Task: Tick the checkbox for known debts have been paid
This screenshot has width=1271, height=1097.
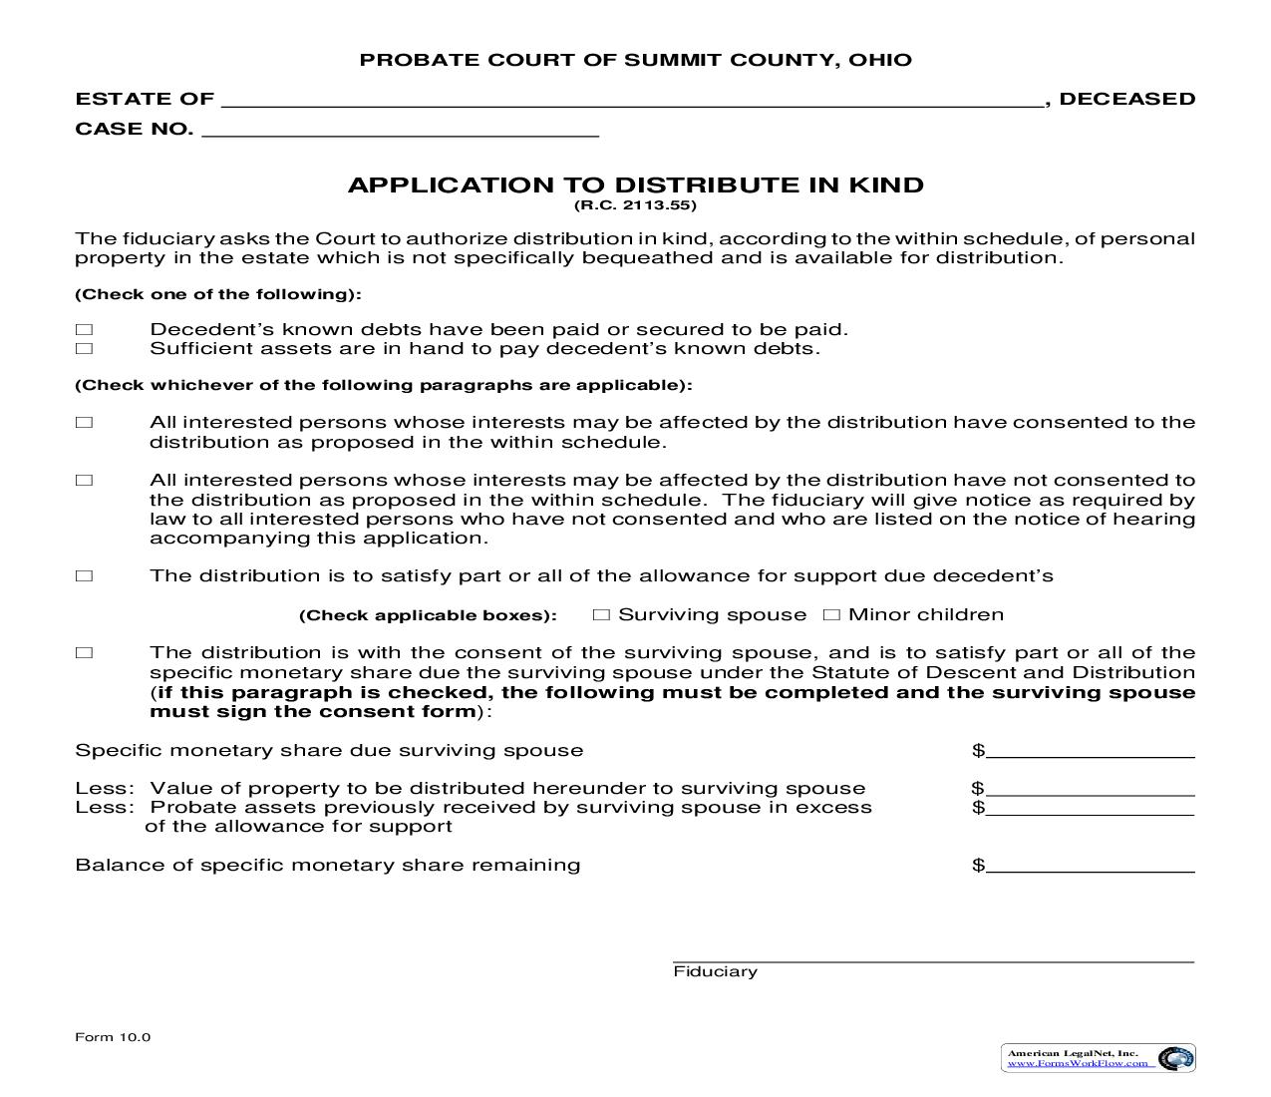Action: click(84, 330)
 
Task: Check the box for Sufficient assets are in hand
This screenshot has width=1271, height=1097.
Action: click(84, 349)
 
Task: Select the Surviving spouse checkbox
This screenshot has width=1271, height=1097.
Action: click(601, 615)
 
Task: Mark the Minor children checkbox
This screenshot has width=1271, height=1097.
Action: click(831, 615)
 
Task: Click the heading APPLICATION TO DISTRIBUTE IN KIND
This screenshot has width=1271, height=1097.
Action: click(635, 185)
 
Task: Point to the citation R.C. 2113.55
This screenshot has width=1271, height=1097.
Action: click(635, 206)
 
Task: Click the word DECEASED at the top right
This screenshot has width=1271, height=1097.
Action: click(1126, 99)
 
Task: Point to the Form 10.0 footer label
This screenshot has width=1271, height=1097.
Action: click(113, 1037)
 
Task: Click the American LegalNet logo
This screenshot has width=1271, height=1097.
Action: click(1098, 1058)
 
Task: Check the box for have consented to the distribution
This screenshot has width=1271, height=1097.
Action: click(84, 423)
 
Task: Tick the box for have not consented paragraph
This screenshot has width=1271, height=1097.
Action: click(84, 481)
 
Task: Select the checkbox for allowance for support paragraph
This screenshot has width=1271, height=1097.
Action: click(84, 576)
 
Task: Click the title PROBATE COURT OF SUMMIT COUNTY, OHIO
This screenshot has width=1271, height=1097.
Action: click(635, 60)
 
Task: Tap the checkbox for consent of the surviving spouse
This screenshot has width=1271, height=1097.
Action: click(84, 653)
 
